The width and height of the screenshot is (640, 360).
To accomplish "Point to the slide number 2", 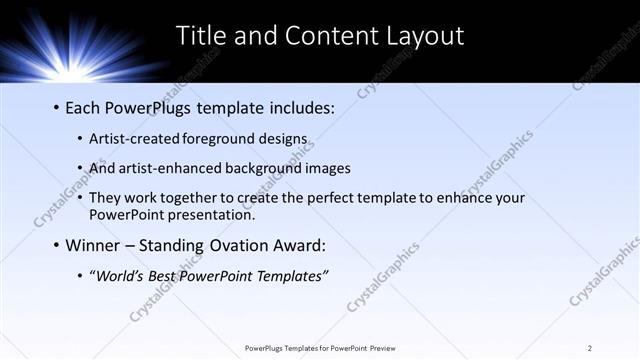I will pyautogui.click(x=590, y=347).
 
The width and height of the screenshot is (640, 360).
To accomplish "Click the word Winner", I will pyautogui.click(x=96, y=245).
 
